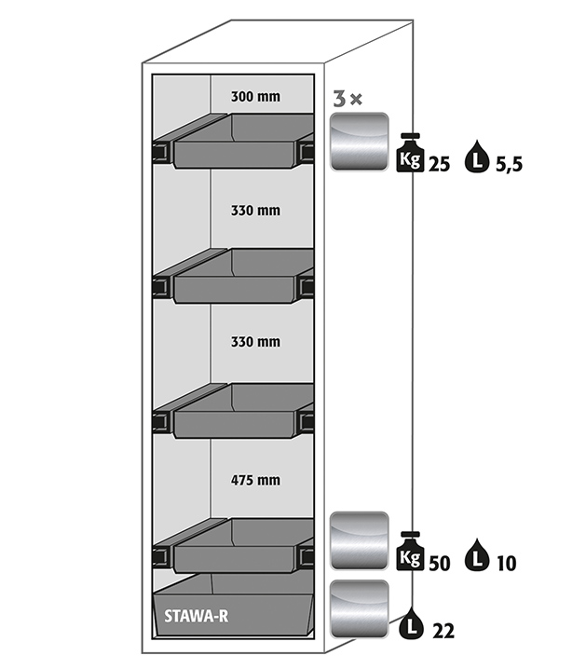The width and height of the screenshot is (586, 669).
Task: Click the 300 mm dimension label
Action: (255, 96)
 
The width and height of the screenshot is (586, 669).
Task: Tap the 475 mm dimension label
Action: (255, 481)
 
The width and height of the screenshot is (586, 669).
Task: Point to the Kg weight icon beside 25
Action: (411, 154)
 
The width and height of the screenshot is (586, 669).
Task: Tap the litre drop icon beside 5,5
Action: (480, 155)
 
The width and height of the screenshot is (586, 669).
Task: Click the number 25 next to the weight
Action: (441, 165)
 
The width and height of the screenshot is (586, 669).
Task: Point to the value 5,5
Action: (510, 165)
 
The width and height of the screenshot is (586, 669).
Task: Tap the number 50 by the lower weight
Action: (441, 563)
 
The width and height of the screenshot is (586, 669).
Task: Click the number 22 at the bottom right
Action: (443, 631)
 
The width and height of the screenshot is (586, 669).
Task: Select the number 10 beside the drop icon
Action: (507, 563)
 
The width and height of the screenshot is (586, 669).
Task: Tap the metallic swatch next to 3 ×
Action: (360, 141)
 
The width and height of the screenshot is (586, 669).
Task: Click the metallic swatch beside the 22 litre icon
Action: (360, 608)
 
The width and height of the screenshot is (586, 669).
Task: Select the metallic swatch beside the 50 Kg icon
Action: (360, 540)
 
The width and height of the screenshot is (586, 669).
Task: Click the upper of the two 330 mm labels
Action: (255, 211)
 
